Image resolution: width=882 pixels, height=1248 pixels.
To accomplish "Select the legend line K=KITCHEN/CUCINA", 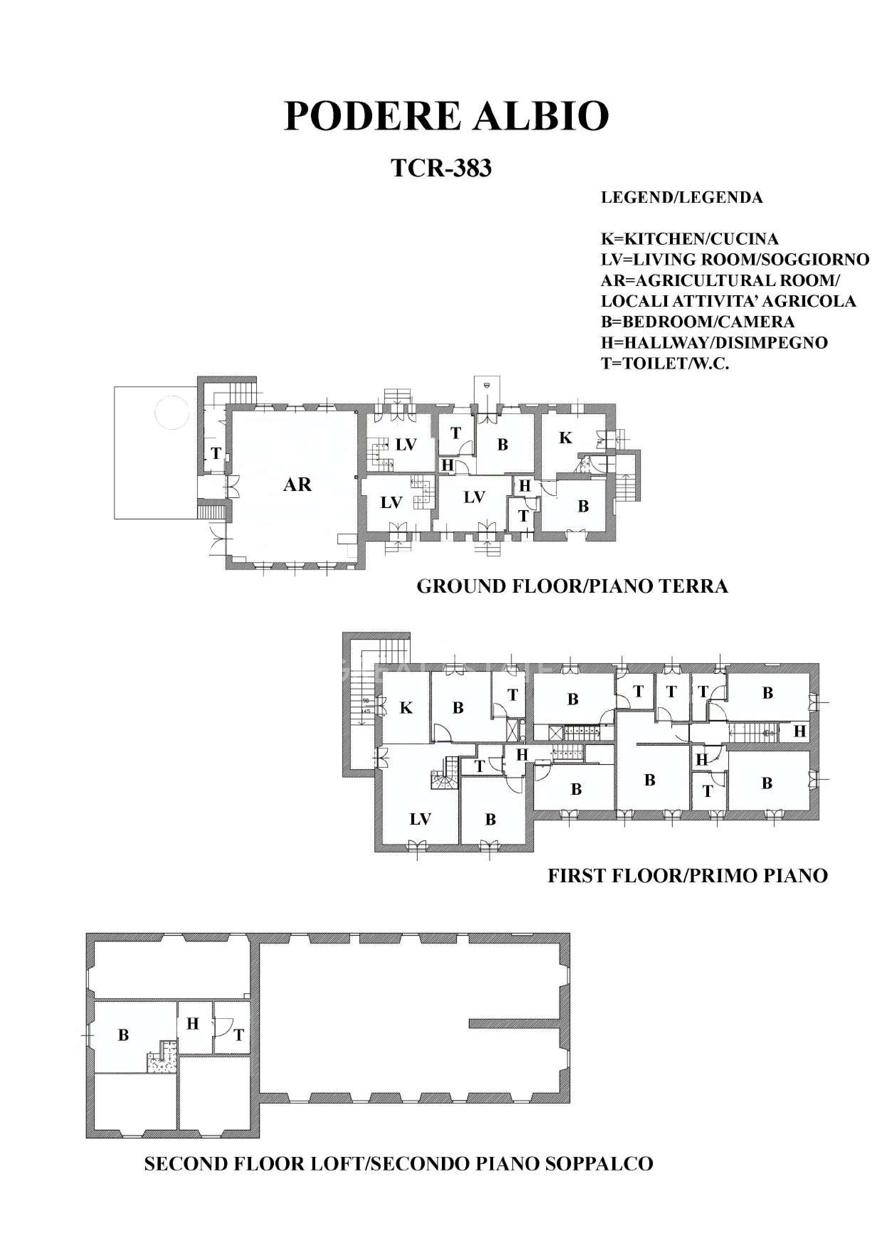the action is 689,239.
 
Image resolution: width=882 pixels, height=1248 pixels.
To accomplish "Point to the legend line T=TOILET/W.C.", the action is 665,363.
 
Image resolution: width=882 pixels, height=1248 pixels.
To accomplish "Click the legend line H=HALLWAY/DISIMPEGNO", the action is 714,343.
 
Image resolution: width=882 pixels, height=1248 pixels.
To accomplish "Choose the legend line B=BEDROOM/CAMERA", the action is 697,322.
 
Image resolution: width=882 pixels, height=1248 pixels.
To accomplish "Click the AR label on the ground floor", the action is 297,484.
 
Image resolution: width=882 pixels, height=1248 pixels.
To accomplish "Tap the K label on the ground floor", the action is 565,438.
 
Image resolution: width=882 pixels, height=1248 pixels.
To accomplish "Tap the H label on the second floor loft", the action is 193,1024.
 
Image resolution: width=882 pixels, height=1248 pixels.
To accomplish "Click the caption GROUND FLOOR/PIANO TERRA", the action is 572,587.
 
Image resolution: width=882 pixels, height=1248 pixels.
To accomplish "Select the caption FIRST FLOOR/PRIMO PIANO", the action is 687,875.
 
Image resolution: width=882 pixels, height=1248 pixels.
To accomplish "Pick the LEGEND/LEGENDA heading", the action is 681,197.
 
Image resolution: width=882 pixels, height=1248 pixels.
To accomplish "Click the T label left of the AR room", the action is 216,453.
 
